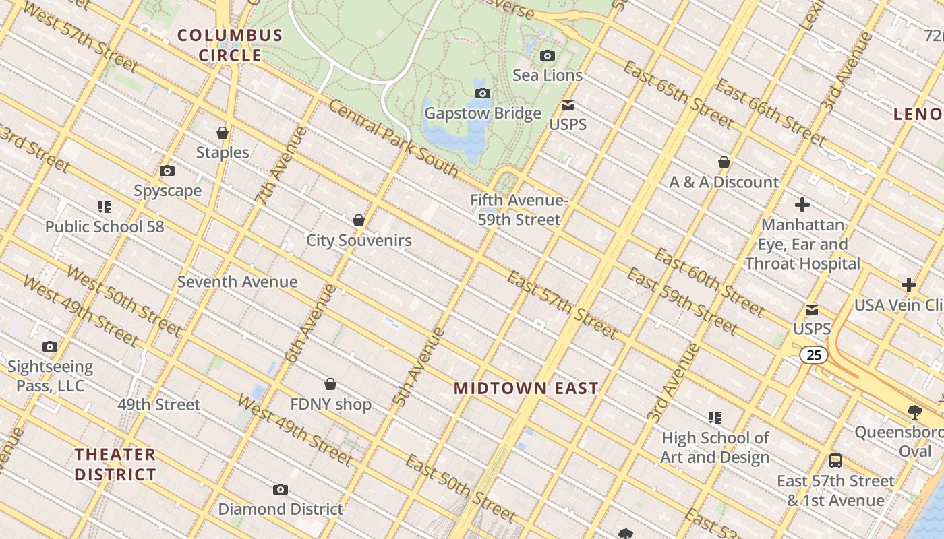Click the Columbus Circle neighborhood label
pos(230,45)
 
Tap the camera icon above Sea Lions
pos(548,55)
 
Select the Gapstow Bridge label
pos(483,113)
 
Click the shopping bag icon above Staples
pos(223,133)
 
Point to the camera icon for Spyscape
pos(167,171)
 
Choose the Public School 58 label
pos(105,226)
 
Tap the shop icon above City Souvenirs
pos(359,220)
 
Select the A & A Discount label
pos(724,182)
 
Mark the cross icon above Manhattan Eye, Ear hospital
pos(802,205)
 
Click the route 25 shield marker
pos(814,354)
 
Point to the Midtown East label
pos(526,388)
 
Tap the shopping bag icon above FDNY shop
pos(330,384)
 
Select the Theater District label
pos(115,464)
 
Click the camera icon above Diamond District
pos(281,489)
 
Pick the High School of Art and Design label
pos(715,447)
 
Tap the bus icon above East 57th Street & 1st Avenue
pos(835,461)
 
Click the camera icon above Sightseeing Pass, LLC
pos(50,347)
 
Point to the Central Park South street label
pos(394,139)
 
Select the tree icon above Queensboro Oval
pos(915,412)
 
